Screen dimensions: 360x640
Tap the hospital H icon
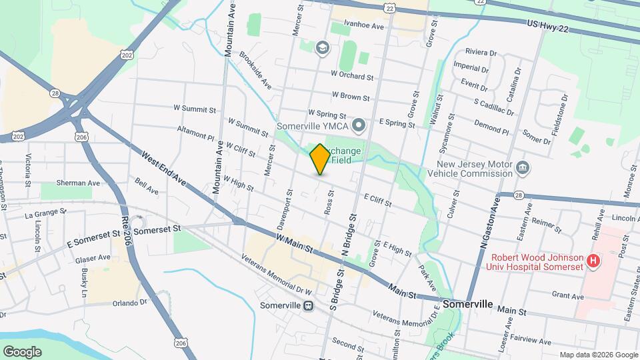[592, 262]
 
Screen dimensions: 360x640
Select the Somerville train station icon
[308, 306]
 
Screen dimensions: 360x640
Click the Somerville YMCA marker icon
[359, 124]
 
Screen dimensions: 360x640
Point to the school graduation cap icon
[323, 47]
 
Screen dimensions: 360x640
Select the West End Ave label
[163, 168]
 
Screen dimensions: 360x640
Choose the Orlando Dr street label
[129, 302]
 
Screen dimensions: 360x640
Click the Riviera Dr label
[481, 52]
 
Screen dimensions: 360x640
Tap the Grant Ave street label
[567, 295]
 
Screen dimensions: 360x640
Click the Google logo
[23, 351]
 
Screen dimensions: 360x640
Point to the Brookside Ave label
[255, 72]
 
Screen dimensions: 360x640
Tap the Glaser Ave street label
[93, 257]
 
